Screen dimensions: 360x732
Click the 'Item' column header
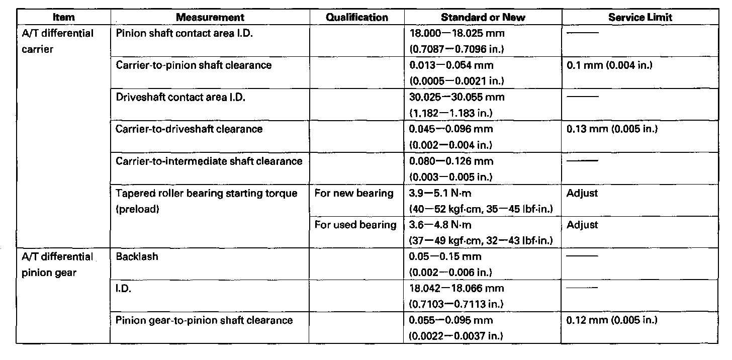tap(63, 17)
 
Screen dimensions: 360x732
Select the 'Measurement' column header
tap(210, 17)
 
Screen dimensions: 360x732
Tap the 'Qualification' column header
tap(357, 17)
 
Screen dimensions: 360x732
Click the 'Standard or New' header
tap(483, 17)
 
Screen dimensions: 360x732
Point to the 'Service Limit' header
tap(640, 17)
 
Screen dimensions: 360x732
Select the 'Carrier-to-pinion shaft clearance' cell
tap(194, 65)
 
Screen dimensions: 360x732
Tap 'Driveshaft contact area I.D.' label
tap(180, 97)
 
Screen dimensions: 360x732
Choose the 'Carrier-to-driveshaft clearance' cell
tap(189, 129)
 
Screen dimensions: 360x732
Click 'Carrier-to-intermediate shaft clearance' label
tap(209, 161)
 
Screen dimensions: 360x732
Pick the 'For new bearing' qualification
tap(354, 193)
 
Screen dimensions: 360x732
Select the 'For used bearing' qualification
tap(355, 225)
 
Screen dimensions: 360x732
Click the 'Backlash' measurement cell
tap(137, 256)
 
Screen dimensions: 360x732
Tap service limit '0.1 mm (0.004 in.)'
tap(609, 65)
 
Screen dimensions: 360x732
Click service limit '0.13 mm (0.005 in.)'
tap(612, 129)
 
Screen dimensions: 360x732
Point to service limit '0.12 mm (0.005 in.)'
tap(612, 320)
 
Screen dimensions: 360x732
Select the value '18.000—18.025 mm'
tap(457, 33)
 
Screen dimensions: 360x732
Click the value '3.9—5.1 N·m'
tap(441, 193)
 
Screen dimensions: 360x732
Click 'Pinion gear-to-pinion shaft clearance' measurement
tap(204, 320)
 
